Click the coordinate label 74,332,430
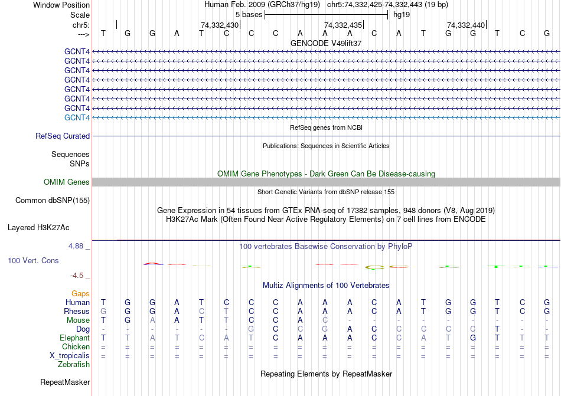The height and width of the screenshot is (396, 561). tap(220, 25)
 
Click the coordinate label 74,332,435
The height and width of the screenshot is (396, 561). tap(343, 25)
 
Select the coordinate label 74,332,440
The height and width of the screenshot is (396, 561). tap(466, 25)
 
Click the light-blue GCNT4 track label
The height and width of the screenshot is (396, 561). tap(77, 117)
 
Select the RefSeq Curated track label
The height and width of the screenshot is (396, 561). tap(63, 136)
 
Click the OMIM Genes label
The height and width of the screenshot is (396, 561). tap(67, 182)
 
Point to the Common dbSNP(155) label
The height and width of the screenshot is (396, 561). tap(53, 200)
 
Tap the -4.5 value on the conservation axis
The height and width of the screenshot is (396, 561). tap(78, 275)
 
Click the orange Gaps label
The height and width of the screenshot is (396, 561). tap(80, 293)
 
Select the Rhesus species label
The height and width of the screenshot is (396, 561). tap(77, 311)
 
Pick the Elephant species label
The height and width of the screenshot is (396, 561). tap(74, 338)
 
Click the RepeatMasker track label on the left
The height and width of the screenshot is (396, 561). tap(65, 382)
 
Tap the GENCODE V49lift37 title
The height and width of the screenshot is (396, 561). tap(326, 43)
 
